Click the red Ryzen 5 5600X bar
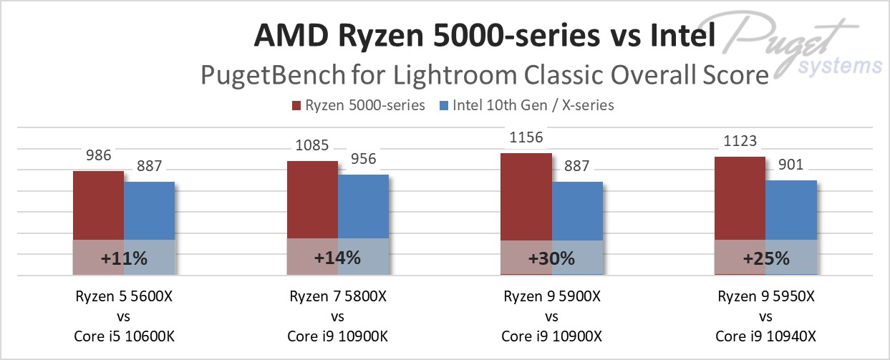98,208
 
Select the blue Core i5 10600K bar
149,213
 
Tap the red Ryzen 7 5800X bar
312,203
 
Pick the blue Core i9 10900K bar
363,209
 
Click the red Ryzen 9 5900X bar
526,198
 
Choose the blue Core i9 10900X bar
577,213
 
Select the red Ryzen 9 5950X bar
740,200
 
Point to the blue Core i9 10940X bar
791,212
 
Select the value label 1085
312,146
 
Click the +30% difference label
552,258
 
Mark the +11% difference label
124,258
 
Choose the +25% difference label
766,258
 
